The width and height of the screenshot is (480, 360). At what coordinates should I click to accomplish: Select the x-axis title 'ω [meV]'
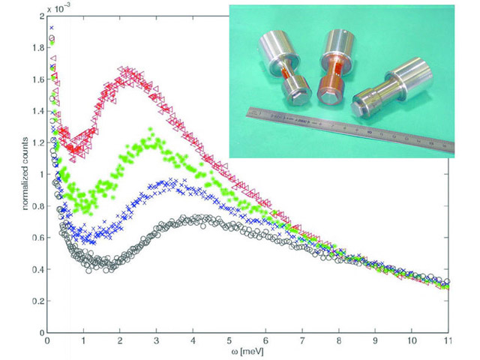(247, 350)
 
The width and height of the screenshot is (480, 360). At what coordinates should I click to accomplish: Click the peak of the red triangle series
(124, 71)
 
